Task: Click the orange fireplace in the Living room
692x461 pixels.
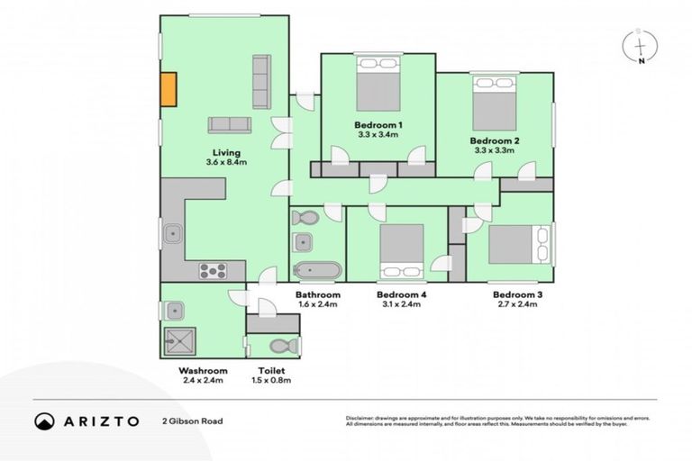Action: [168, 88]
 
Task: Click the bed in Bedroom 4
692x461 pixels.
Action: [401, 250]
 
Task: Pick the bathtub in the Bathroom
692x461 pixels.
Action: [317, 270]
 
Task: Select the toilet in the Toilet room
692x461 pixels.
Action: [281, 346]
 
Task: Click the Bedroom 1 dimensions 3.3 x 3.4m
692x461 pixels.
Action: [378, 134]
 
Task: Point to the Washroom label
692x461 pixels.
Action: [203, 370]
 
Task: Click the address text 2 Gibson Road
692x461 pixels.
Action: [191, 420]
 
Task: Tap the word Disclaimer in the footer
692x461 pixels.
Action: [362, 418]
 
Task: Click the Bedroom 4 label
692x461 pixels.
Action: [401, 294]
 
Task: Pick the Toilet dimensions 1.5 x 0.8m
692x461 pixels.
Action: [270, 380]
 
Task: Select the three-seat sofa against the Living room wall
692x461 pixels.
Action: [261, 81]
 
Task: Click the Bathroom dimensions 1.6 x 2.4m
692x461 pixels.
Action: [318, 304]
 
